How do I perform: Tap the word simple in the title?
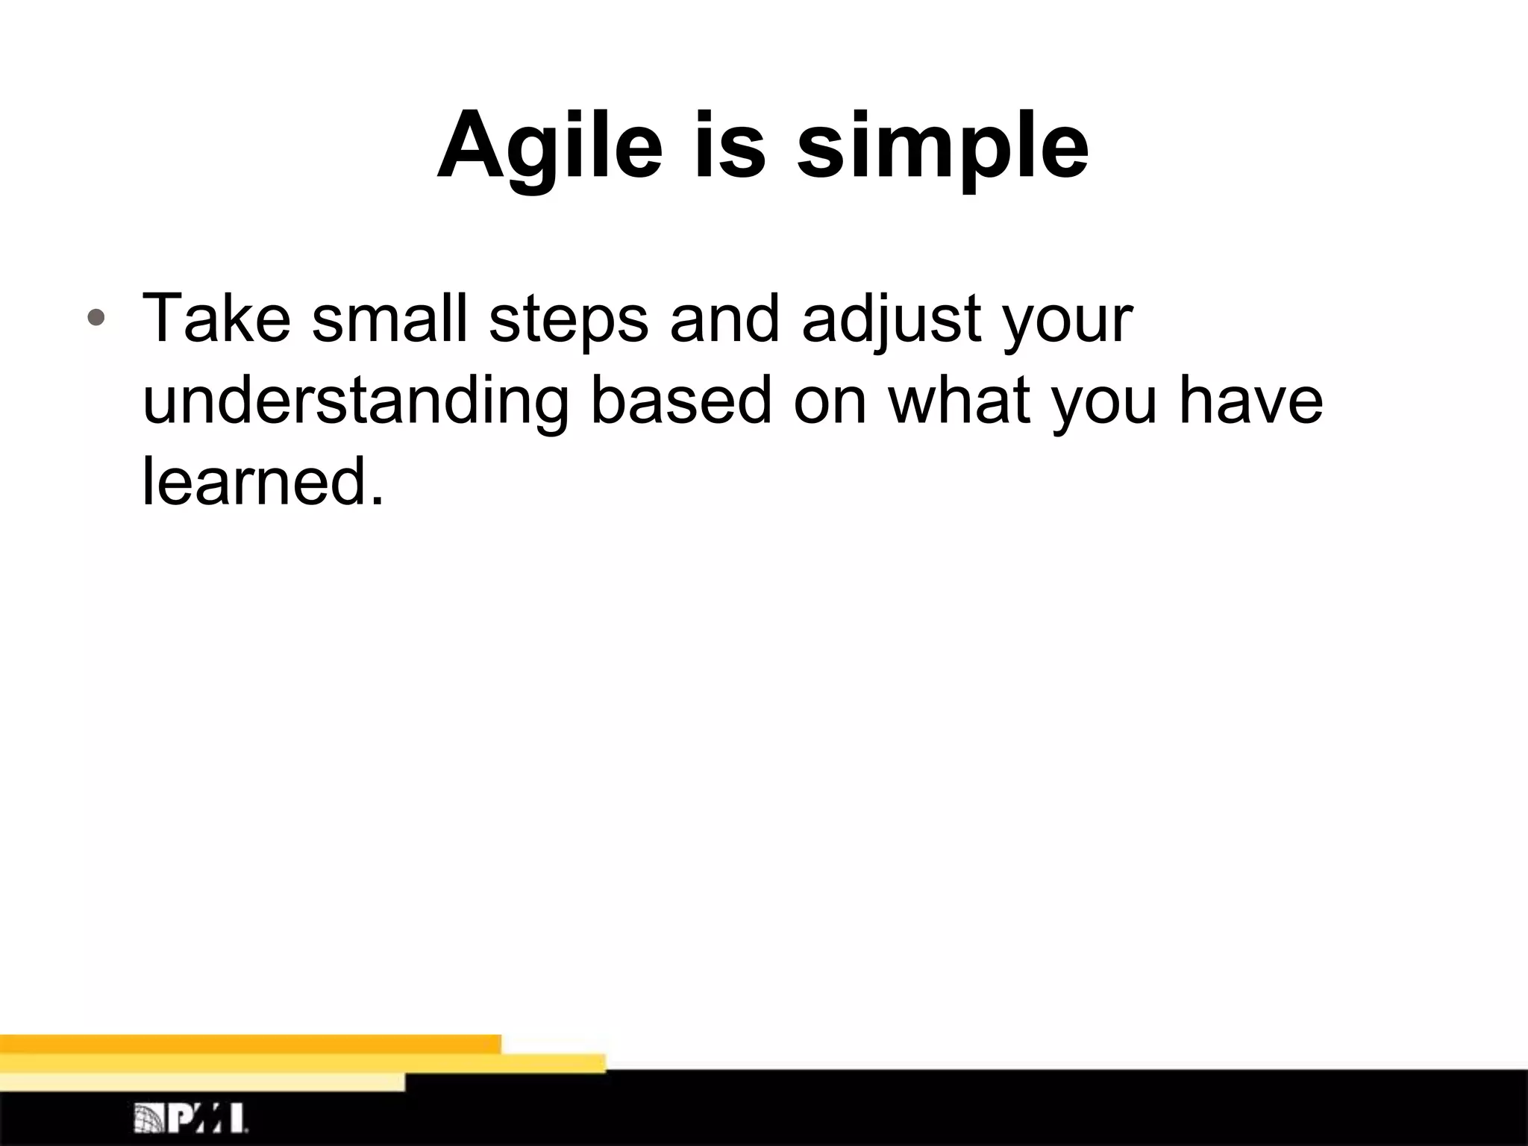pos(942,146)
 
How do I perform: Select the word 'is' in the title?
pos(730,146)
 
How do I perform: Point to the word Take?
pos(216,319)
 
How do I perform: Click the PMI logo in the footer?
pos(191,1118)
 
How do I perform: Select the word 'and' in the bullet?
pos(724,319)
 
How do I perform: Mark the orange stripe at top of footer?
pos(250,1044)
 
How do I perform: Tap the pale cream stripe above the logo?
pos(201,1082)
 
